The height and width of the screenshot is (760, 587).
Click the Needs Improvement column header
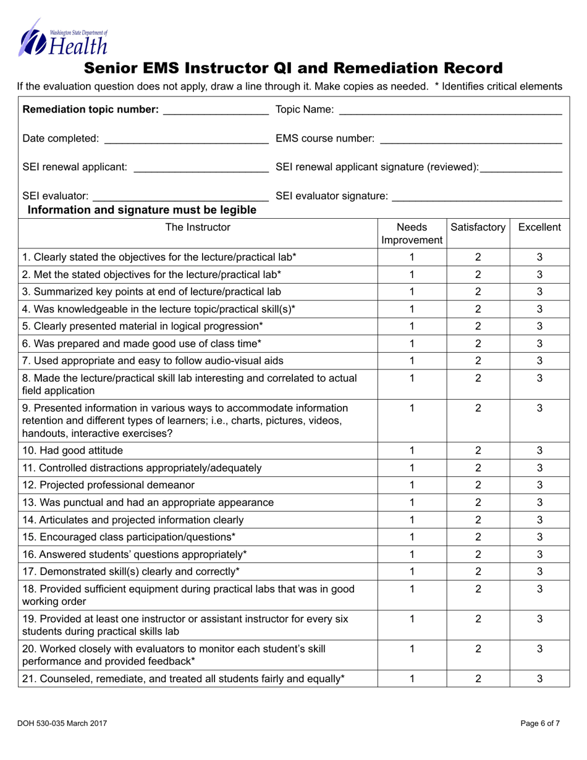coord(412,233)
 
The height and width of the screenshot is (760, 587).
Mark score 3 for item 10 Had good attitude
coord(539,450)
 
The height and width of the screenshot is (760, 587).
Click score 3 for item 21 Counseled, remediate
coord(539,678)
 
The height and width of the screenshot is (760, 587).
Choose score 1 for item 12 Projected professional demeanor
coord(412,484)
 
